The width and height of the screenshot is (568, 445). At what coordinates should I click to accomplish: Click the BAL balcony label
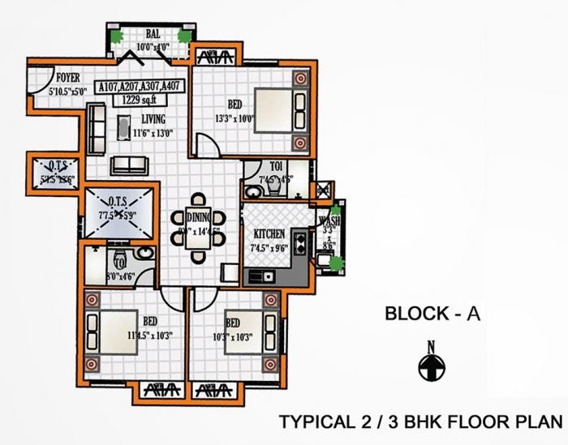click(x=153, y=35)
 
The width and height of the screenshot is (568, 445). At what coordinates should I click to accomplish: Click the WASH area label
click(x=329, y=220)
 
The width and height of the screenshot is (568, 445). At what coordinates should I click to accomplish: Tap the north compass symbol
click(x=432, y=368)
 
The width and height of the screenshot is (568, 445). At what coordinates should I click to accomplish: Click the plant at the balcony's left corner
click(x=118, y=37)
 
